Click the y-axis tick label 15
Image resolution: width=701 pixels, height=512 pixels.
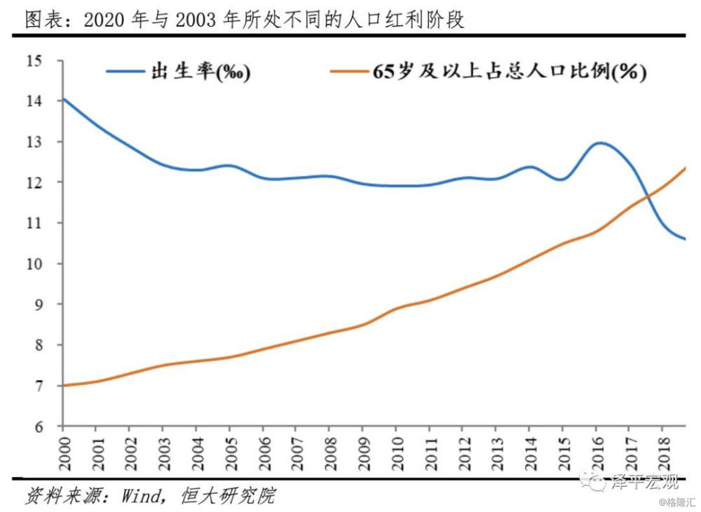point(34,61)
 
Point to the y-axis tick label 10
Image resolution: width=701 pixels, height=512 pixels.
point(34,264)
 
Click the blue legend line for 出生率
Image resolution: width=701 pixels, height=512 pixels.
point(126,72)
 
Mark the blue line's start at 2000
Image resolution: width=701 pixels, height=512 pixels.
point(64,99)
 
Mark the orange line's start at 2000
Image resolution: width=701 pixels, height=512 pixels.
point(64,385)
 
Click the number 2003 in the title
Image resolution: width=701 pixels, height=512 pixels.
point(196,19)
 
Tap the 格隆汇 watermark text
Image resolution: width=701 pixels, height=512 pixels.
point(676,502)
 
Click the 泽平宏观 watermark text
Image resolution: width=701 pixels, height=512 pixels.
point(646,482)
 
